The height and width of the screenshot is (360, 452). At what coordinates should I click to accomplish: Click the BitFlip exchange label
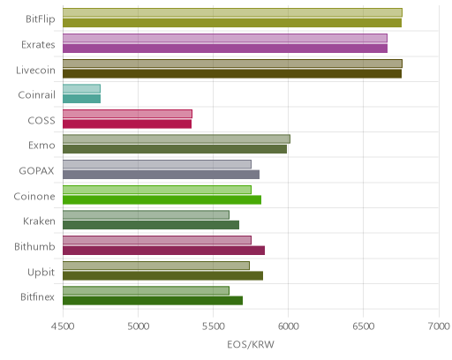tap(41, 19)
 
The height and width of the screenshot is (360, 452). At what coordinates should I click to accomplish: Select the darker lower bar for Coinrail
tap(81, 99)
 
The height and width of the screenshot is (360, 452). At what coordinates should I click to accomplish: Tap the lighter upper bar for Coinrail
tap(81, 88)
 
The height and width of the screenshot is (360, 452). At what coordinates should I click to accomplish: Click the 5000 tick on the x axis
tap(138, 326)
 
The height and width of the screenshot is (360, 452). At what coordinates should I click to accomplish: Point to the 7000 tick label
tap(439, 326)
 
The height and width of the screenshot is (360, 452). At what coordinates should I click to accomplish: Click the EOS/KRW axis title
tap(251, 344)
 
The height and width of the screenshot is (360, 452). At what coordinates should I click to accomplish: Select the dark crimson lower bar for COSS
tap(127, 124)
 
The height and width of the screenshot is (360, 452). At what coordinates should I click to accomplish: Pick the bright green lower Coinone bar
tap(162, 200)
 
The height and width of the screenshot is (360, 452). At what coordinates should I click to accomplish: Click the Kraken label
tap(39, 221)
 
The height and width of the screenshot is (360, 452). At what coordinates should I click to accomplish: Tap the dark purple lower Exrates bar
tap(225, 49)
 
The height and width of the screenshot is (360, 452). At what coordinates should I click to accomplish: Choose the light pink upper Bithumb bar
tap(157, 240)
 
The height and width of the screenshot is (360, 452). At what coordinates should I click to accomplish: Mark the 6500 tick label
tap(364, 326)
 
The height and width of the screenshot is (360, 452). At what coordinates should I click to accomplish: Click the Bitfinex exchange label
tap(37, 297)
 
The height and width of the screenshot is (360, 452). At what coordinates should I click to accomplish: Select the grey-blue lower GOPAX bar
tap(161, 175)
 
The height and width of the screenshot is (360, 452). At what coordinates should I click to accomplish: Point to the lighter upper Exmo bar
tap(177, 139)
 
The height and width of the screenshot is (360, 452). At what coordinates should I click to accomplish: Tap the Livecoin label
tap(35, 71)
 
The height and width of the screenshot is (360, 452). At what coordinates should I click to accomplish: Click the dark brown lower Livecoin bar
tap(232, 74)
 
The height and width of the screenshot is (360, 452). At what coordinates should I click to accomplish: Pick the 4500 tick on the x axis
tap(63, 326)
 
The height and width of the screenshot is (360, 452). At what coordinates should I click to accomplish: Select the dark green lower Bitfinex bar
tap(153, 301)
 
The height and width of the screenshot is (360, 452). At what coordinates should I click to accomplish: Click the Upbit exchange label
tap(41, 273)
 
